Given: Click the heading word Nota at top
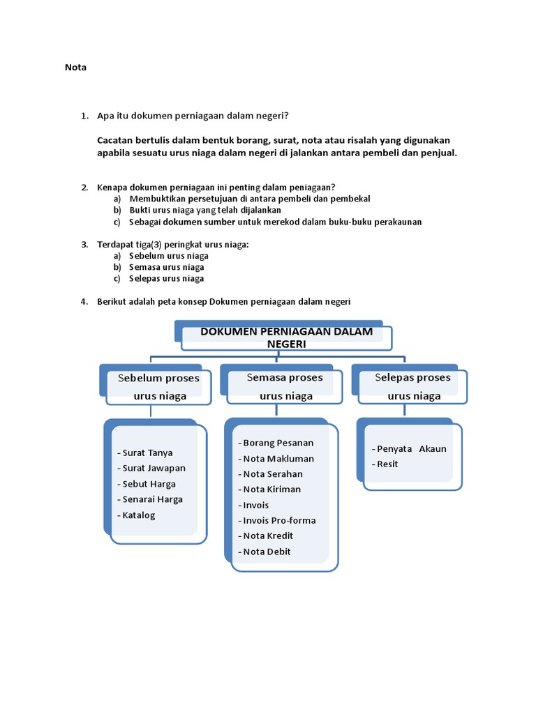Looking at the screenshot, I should pyautogui.click(x=75, y=68).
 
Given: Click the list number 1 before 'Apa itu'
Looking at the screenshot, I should pyautogui.click(x=84, y=114).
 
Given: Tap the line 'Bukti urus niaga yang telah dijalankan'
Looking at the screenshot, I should pyautogui.click(x=205, y=210).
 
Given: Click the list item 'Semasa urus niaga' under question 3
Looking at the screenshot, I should pyautogui.click(x=167, y=267).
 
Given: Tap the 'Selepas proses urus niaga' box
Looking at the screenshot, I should pyautogui.click(x=413, y=387).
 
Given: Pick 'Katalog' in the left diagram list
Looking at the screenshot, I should pyautogui.click(x=139, y=515).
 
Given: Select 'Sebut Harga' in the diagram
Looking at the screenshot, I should pyautogui.click(x=149, y=484).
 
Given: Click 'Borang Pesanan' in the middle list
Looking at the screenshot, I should pyautogui.click(x=278, y=443).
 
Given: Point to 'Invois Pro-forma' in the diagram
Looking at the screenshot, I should pyautogui.click(x=279, y=520).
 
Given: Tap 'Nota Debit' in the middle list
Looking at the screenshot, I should pyautogui.click(x=267, y=552).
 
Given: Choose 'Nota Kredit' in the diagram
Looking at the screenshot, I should pyautogui.click(x=268, y=535).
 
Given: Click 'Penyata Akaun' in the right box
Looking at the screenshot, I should pyautogui.click(x=412, y=448).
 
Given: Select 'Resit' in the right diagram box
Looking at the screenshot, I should pyautogui.click(x=387, y=464).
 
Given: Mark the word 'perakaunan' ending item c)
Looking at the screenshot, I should pyautogui.click(x=397, y=222).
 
